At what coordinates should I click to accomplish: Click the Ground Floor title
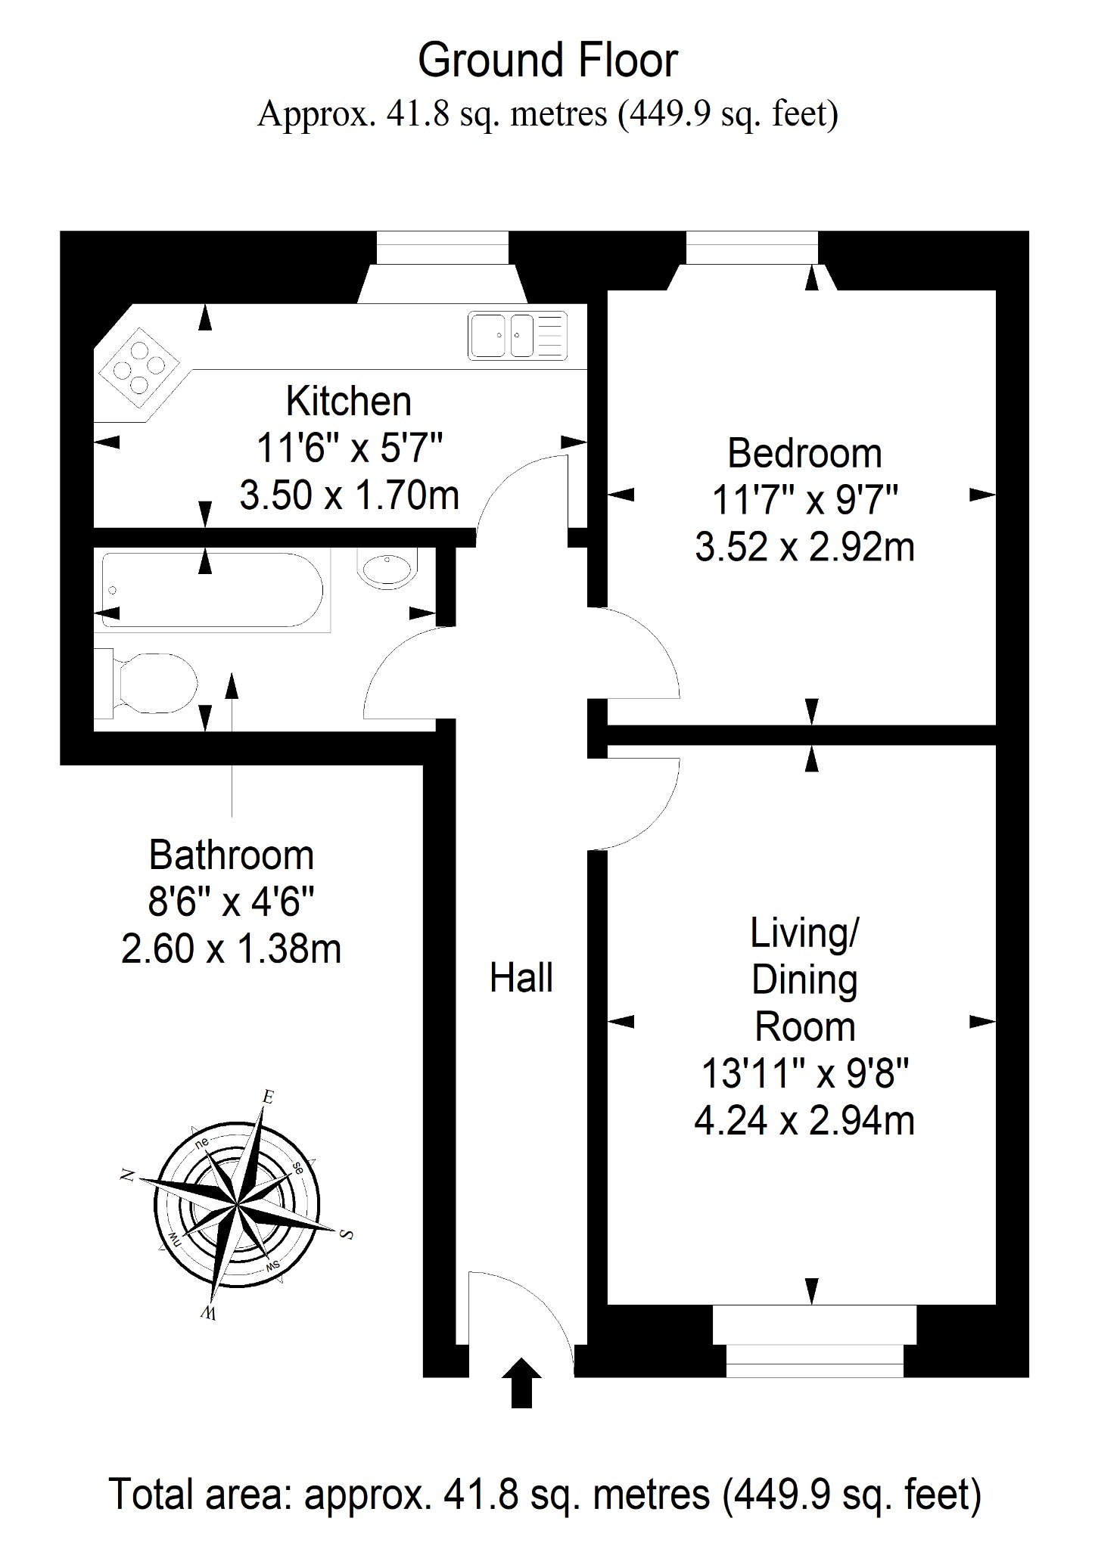[x=548, y=61]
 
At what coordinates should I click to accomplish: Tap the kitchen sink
[x=518, y=335]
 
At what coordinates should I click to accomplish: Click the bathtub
[x=212, y=591]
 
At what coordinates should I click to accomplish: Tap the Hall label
[x=521, y=977]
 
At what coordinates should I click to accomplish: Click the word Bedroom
[x=804, y=454]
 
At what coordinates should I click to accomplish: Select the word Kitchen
[x=349, y=401]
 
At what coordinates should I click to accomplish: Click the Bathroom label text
[x=232, y=855]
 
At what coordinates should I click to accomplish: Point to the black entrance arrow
[x=521, y=1383]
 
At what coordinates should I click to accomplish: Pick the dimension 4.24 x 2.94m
[x=804, y=1120]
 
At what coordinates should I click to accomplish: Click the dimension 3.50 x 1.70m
[x=350, y=495]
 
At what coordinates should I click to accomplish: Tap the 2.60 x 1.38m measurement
[x=232, y=948]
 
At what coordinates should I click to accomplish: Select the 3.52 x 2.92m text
[x=804, y=547]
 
